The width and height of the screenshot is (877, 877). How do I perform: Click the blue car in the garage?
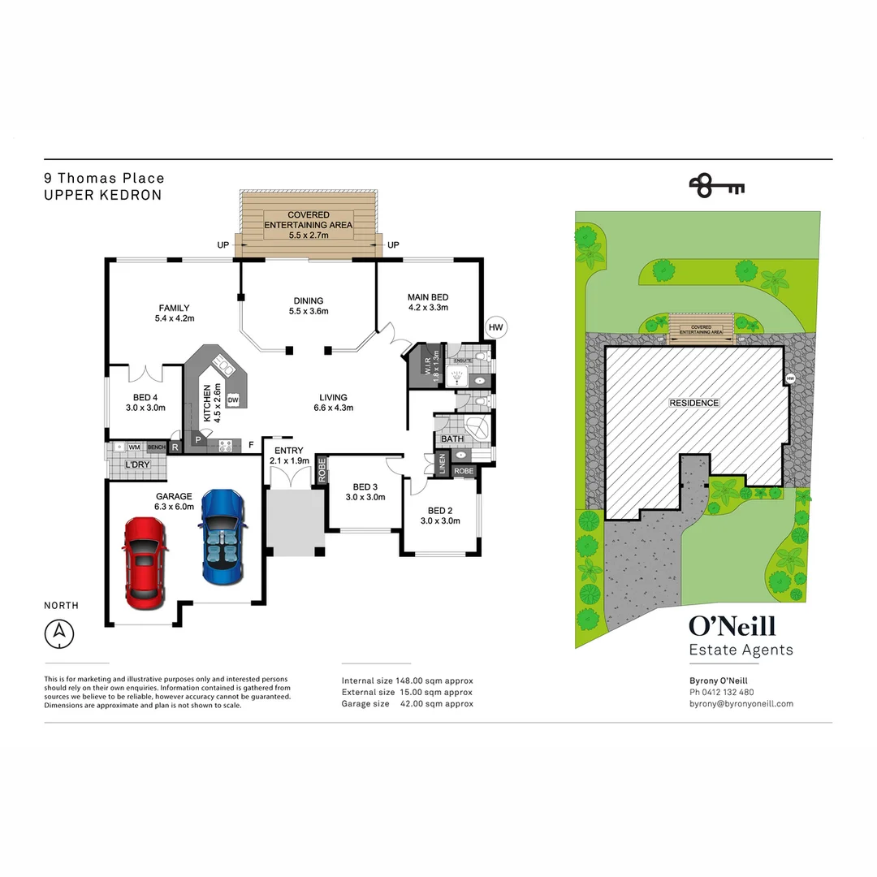point(221,538)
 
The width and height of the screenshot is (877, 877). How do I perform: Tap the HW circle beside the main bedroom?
point(496,327)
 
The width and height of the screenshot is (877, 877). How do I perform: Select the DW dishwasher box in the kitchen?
point(233,400)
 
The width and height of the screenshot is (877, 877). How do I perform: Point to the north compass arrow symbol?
point(59,633)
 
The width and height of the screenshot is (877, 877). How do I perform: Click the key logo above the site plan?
point(716,186)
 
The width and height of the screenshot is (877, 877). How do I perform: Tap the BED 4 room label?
point(145,403)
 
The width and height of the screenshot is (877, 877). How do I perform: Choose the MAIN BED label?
point(427,302)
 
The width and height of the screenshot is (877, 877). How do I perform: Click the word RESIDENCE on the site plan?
point(693,403)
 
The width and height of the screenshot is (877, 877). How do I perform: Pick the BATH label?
point(452,439)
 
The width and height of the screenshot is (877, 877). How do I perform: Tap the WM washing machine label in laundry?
point(134,447)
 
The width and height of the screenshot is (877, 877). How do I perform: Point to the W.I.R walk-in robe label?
point(426,365)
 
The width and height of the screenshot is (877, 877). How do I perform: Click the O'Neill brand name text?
point(732,626)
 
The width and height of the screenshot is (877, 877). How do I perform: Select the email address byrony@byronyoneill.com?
point(741,704)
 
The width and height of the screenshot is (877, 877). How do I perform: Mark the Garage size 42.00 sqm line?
point(407,704)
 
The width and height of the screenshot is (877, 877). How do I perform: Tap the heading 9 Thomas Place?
point(104,178)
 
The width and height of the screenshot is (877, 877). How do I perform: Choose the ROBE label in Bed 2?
point(464,471)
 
